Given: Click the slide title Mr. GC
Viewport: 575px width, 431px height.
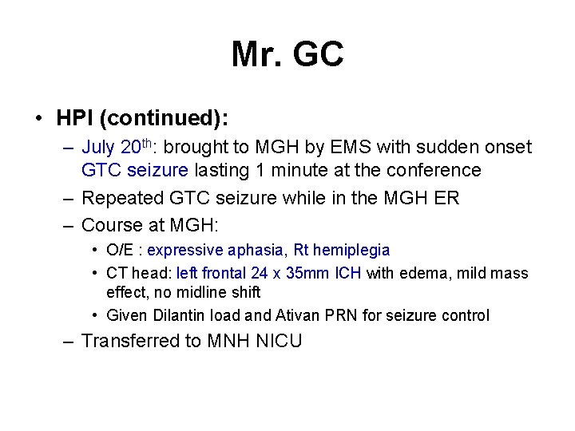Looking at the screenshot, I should (x=287, y=55).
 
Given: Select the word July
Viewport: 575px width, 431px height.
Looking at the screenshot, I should (x=97, y=148).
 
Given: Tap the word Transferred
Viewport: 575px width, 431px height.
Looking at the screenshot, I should (x=132, y=342).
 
